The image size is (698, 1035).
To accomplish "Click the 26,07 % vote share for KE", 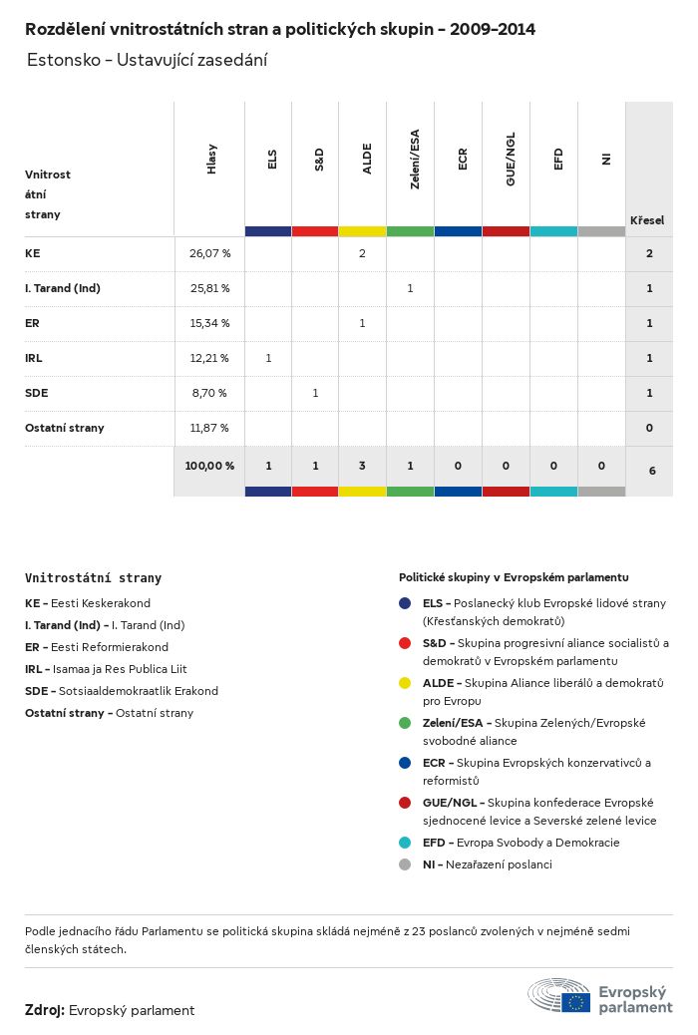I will tap(209, 253).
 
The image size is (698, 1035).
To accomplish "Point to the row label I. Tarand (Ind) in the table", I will tap(63, 288).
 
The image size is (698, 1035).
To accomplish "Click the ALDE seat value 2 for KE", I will tap(362, 253).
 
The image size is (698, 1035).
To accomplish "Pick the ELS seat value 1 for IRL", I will tap(268, 358).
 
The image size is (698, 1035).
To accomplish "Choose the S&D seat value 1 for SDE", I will tap(315, 393).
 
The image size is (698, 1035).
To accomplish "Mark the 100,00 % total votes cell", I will tap(209, 466).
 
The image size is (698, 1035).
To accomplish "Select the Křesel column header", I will tap(647, 220).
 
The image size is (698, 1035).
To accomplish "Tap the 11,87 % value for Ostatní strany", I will tap(209, 428).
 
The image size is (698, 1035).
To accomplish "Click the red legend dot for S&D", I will tap(405, 643).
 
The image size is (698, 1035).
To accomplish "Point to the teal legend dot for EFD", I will tap(405, 843).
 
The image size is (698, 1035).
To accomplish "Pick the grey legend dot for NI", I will tap(405, 864).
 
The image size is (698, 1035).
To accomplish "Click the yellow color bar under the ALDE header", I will tap(362, 231).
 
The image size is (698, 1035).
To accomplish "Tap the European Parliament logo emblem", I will tap(559, 996).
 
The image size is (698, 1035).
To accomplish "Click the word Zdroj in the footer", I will tap(44, 1010).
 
